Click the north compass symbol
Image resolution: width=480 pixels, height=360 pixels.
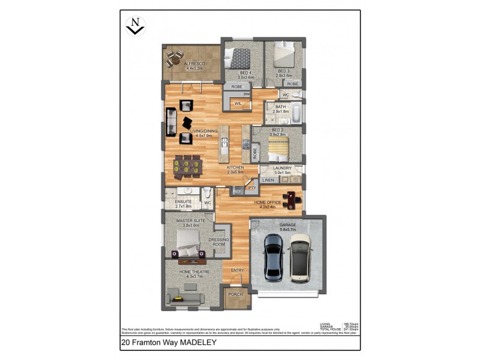pyautogui.click(x=136, y=26)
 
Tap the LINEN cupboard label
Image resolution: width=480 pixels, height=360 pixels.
pyautogui.click(x=268, y=180)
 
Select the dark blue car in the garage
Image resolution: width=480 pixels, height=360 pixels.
pyautogui.click(x=274, y=257)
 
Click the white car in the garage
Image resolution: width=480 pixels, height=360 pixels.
pyautogui.click(x=299, y=257)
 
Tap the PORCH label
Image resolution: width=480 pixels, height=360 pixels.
pyautogui.click(x=235, y=294)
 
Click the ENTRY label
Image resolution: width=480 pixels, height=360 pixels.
pyautogui.click(x=238, y=270)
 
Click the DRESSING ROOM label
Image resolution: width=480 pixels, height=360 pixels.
pyautogui.click(x=218, y=242)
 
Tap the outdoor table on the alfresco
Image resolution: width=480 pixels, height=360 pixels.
pyautogui.click(x=175, y=58)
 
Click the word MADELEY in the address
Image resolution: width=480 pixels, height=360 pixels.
pyautogui.click(x=195, y=344)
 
